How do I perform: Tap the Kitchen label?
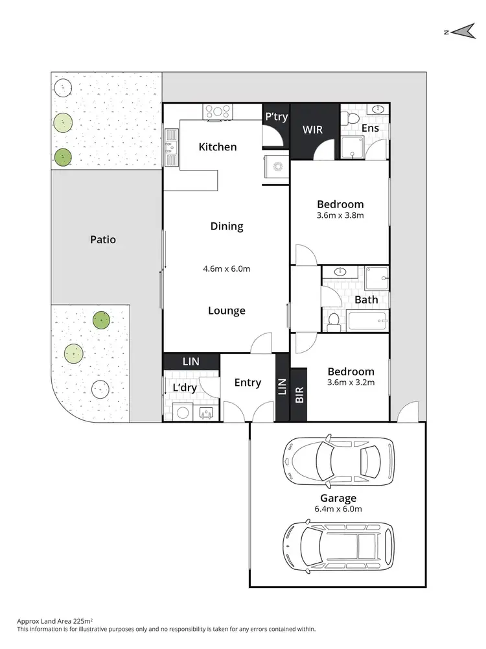coord(217,147)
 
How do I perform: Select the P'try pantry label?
coord(276,117)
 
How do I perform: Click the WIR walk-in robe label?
coord(314,130)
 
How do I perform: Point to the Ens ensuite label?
coord(370,128)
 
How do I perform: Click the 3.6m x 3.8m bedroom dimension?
coord(340,215)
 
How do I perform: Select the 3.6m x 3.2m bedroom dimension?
coord(351,383)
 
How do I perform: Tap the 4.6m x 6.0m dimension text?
coord(226,268)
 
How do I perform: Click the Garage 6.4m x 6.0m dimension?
coord(338,509)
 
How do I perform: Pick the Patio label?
coord(103,240)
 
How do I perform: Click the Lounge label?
coord(226,311)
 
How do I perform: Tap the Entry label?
coord(248,383)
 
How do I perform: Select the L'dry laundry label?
coord(185,388)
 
